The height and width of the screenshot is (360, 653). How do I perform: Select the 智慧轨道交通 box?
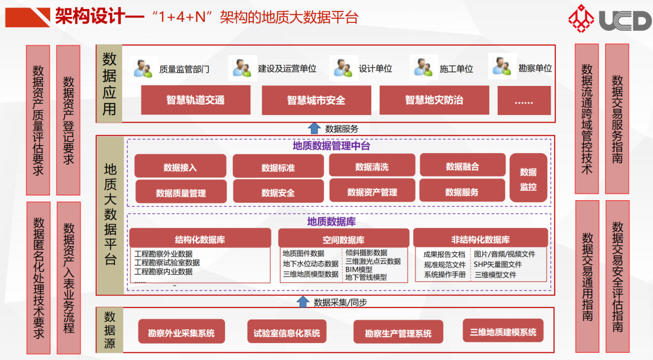pyautogui.click(x=195, y=100)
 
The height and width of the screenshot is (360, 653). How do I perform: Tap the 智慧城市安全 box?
pyautogui.click(x=316, y=100)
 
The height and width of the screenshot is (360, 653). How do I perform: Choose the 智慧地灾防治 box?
pyautogui.click(x=434, y=100)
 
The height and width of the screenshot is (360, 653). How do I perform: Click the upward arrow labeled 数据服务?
pyautogui.click(x=314, y=128)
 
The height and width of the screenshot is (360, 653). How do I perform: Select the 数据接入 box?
pyautogui.click(x=180, y=167)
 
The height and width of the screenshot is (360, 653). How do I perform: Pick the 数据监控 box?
pyautogui.click(x=528, y=179)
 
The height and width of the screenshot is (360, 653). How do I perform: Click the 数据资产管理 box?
pyautogui.click(x=372, y=192)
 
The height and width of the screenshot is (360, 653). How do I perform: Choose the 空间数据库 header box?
pyautogui.click(x=343, y=240)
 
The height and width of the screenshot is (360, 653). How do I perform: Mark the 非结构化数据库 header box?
pyautogui.click(x=480, y=240)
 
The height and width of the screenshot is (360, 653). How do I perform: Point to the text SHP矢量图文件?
pyautogui.click(x=498, y=264)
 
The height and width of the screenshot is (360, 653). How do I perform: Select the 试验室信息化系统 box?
pyautogui.click(x=287, y=332)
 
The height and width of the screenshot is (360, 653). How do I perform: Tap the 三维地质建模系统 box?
pyautogui.click(x=502, y=332)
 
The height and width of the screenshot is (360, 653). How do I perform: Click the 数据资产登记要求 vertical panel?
pyautogui.click(x=68, y=120)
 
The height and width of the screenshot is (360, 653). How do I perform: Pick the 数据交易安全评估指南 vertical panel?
pyautogui.click(x=617, y=277)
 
